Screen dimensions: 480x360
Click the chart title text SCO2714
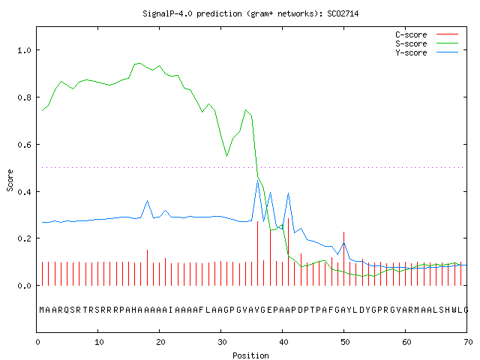coord(343,13)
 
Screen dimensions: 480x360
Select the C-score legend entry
coord(427,34)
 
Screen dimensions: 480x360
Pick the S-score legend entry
coord(427,43)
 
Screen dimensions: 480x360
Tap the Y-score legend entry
coord(427,52)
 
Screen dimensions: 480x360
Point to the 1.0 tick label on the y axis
coord(24,50)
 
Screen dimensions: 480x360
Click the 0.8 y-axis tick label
coord(24,97)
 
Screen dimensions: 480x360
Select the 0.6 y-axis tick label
coord(24,145)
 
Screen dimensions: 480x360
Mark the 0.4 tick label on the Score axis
coord(24,192)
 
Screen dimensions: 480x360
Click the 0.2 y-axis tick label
coord(24,238)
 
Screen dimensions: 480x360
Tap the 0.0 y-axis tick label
coord(24,286)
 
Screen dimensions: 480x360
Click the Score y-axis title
coord(10,180)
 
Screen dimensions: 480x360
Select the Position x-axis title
coord(250,355)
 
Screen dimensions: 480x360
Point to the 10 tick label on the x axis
coord(99,342)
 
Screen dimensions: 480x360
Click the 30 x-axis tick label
coord(222,342)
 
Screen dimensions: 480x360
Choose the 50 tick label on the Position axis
coord(345,342)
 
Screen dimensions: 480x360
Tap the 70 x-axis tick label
coord(468,342)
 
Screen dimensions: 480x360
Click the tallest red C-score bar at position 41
coord(288,252)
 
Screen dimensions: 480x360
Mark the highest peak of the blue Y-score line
coord(258,180)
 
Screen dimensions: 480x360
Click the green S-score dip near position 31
coord(226,156)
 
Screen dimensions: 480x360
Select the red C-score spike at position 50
coord(343,259)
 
